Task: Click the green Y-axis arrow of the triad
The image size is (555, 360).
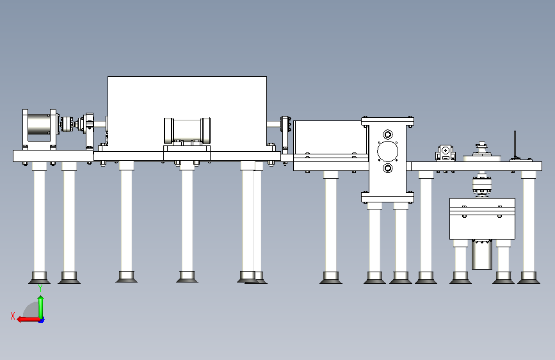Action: pos(40,306)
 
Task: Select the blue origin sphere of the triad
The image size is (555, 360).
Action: pos(41,319)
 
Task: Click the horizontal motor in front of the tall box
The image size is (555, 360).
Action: pos(188,131)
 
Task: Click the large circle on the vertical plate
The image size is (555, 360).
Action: pos(387,152)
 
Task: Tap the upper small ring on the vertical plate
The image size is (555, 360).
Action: pos(387,135)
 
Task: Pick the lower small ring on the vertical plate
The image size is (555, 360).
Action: pos(387,168)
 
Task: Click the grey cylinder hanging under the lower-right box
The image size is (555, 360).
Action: pos(483,255)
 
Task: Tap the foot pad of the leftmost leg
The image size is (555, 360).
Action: pos(40,277)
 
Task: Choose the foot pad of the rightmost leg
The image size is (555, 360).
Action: pos(528,277)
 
